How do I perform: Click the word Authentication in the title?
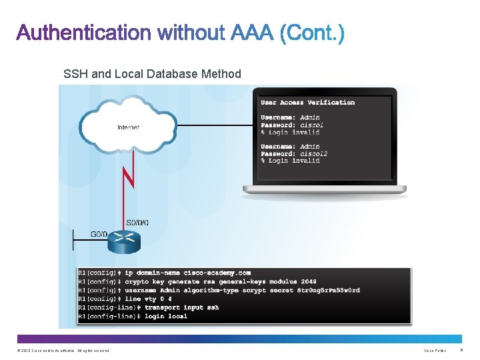(x=83, y=33)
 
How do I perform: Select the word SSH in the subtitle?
(x=75, y=74)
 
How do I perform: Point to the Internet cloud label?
(x=128, y=127)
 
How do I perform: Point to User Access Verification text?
(x=307, y=103)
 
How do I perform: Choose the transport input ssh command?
(x=181, y=307)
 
